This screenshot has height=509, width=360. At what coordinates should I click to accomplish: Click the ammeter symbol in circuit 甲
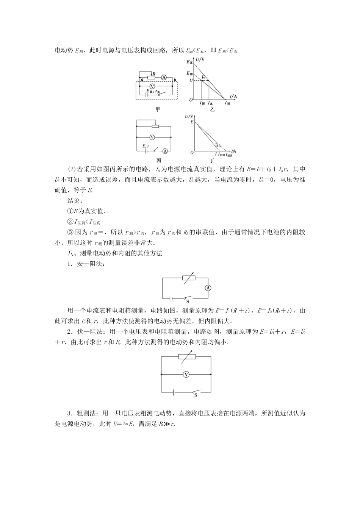point(164,77)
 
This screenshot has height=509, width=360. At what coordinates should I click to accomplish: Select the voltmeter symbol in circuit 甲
point(153,86)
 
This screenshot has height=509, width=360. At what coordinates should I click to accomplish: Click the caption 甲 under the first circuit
point(158,109)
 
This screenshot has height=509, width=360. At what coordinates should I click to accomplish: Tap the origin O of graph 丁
point(192,152)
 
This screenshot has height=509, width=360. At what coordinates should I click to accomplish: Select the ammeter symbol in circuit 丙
point(165,150)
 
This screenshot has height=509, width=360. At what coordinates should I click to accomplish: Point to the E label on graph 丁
point(192,122)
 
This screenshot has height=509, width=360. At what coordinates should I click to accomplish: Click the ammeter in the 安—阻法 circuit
point(208,288)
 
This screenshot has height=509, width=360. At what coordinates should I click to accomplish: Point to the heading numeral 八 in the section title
point(69,253)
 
